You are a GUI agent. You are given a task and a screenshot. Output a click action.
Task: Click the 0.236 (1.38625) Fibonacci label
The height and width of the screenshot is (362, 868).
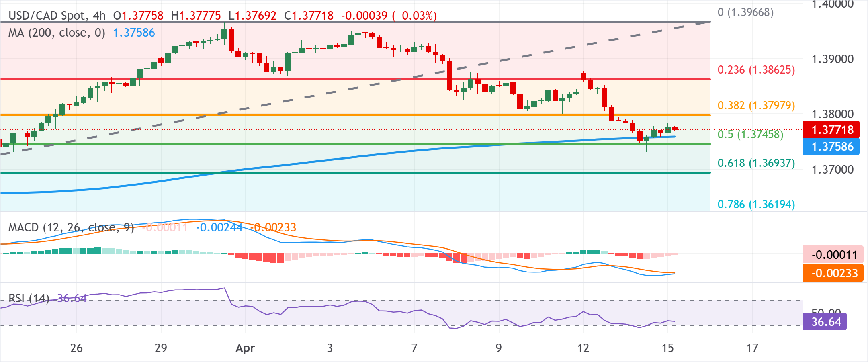coord(756,70)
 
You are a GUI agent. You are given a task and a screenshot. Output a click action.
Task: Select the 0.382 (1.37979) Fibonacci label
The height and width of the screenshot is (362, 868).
coord(756,105)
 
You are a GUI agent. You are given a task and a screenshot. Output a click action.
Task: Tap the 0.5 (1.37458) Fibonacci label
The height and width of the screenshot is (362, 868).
coord(750,134)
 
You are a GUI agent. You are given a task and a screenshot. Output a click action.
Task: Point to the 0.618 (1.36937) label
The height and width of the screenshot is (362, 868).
coord(756,163)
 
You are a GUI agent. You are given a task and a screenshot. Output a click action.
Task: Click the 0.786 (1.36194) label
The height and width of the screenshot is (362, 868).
coord(756,204)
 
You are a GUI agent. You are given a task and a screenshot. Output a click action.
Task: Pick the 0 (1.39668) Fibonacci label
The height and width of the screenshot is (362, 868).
coord(745,12)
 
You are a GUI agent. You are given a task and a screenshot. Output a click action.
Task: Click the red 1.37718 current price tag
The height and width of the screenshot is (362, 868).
coord(831,130)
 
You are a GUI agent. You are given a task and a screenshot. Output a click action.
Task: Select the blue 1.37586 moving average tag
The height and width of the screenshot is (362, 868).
coord(831,147)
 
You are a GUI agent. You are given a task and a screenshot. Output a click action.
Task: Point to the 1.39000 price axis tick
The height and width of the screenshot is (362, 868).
coord(832,59)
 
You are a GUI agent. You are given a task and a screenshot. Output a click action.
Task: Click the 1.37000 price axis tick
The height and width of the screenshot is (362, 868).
coord(832,169)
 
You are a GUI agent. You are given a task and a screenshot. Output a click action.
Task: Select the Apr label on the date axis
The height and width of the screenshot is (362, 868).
coord(245,348)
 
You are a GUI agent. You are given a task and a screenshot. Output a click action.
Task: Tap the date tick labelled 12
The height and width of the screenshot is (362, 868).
coord(583,348)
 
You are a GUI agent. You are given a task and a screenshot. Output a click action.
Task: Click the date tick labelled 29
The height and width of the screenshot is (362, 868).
coord(161,348)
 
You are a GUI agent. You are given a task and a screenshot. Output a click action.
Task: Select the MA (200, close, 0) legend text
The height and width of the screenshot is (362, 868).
coord(57,33)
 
